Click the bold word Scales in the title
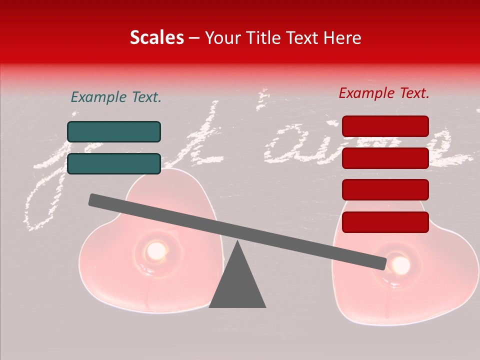point(156,37)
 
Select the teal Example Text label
point(116,97)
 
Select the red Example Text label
point(384,93)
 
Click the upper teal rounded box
point(114,131)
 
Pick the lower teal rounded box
point(114,163)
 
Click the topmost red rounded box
point(385,126)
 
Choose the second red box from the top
point(385,158)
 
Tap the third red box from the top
point(385,190)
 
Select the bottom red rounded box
point(385,222)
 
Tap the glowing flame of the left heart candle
point(156,249)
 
